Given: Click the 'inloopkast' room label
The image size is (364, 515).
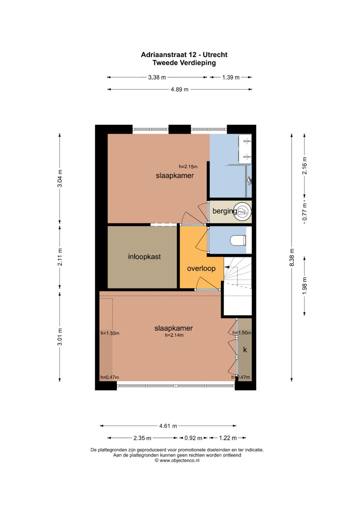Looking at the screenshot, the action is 144,257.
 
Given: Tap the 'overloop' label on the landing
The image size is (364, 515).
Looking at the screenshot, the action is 201,268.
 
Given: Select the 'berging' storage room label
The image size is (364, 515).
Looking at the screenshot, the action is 224,211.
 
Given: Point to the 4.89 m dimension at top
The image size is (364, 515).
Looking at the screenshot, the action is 179,89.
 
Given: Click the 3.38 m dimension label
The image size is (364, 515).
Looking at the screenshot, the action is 157,77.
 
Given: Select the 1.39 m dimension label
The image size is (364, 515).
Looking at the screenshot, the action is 231,77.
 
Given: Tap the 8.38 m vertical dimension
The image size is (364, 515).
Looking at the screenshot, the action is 292,258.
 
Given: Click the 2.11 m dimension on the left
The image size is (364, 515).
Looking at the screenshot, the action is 60,257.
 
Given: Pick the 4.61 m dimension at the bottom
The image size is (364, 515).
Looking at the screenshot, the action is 168,426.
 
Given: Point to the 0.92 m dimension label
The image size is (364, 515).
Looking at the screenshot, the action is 193,438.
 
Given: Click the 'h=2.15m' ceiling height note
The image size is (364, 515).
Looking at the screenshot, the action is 188,167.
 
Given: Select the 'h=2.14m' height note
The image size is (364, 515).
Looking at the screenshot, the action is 174,335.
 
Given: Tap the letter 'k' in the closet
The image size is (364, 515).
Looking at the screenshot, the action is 245,350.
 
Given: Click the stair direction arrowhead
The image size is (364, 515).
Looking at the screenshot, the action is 226,267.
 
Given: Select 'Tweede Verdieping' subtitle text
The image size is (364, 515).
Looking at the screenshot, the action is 184,63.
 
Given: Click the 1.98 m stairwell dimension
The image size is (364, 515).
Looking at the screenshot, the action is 304,286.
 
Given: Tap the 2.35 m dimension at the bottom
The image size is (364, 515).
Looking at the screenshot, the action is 142,438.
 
